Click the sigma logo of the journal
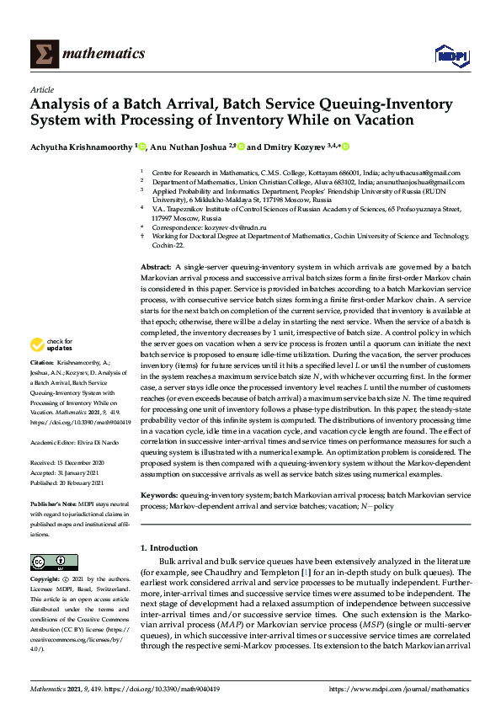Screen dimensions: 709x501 pos(43,54)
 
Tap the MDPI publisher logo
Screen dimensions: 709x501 pos(450,54)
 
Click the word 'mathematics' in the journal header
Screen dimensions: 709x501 pos(104,54)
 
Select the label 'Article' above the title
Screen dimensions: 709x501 pos(42,89)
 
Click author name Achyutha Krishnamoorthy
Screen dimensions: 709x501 pos(81,146)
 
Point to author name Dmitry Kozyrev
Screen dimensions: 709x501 pos(296,146)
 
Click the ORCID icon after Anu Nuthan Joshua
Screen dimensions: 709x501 pos(242,146)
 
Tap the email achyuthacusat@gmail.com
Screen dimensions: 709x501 pos(429,171)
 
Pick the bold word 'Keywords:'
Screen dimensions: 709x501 pos(157,497)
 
